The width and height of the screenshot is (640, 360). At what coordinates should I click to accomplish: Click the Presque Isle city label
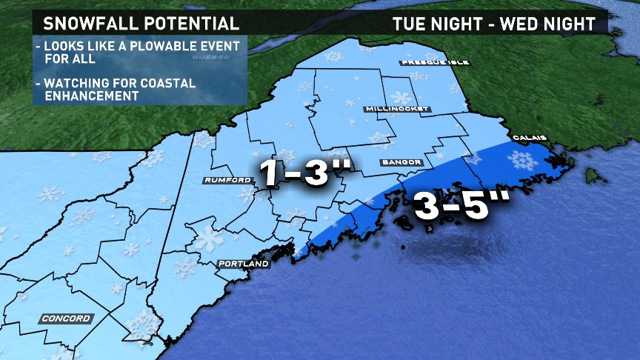[435, 62]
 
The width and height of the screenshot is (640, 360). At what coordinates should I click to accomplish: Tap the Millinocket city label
[398, 109]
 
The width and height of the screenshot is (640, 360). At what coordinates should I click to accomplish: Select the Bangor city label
[402, 162]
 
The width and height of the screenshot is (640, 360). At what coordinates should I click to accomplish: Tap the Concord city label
[66, 319]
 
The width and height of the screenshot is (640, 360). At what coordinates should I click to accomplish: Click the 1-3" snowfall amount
[304, 173]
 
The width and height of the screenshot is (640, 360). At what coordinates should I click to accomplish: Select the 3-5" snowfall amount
[452, 207]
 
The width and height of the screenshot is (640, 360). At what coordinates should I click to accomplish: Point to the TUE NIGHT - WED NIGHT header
[494, 24]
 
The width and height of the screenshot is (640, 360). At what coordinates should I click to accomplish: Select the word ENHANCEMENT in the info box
[90, 96]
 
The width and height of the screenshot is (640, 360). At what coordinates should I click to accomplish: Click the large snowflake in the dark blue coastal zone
[525, 161]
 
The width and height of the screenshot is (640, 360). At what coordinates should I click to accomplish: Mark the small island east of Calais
[590, 176]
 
